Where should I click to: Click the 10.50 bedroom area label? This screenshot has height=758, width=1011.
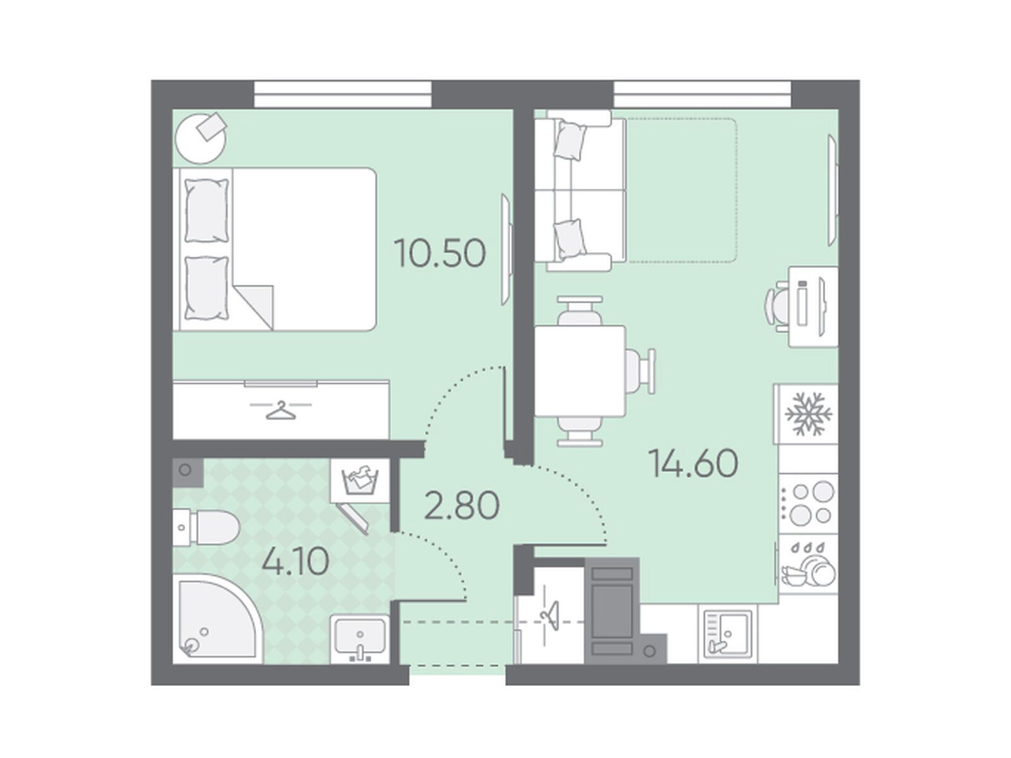pyautogui.click(x=440, y=253)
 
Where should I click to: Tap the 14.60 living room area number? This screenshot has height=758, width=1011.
pyautogui.click(x=693, y=463)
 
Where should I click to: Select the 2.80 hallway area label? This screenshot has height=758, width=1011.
pyautogui.click(x=461, y=505)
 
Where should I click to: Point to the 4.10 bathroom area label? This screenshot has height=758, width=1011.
pyautogui.click(x=295, y=562)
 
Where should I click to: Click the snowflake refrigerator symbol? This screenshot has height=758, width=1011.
pyautogui.click(x=809, y=413)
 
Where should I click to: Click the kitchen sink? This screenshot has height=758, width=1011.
pyautogui.click(x=728, y=634)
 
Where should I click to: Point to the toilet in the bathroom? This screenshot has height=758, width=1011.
pyautogui.click(x=205, y=527)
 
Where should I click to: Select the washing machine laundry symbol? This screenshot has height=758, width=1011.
pyautogui.click(x=360, y=481)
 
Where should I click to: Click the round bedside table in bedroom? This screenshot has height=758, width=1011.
pyautogui.click(x=201, y=138)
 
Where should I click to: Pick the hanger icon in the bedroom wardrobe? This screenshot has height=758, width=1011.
pyautogui.click(x=281, y=409)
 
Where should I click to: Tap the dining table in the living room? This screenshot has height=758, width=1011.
pyautogui.click(x=579, y=371)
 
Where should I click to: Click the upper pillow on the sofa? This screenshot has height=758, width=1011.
pyautogui.click(x=570, y=140)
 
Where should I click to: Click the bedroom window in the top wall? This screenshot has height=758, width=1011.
pyautogui.click(x=342, y=94)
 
